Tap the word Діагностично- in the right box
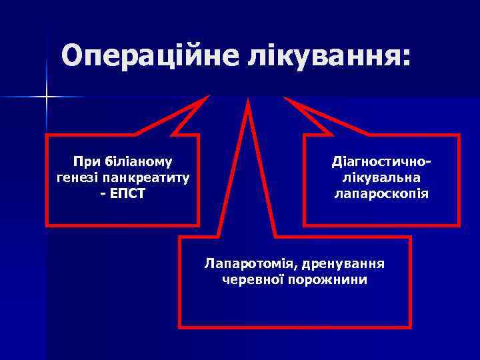pos(381,161)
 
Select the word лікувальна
pos(381,178)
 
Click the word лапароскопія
pos(381,195)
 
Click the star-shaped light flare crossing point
pos(47,98)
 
